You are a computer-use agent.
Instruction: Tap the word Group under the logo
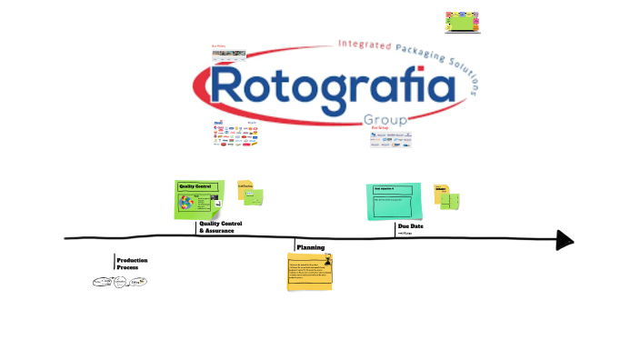(384, 120)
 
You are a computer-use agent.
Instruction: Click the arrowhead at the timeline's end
(565, 240)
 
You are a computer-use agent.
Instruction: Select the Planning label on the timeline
(311, 247)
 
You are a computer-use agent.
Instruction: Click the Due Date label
(411, 226)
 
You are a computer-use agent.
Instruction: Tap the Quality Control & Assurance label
(220, 227)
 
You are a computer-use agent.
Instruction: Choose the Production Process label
(132, 264)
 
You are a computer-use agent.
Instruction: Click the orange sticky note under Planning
(310, 272)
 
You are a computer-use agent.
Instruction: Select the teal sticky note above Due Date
(395, 201)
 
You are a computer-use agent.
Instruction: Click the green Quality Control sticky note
(199, 199)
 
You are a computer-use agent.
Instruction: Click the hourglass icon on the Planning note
(327, 261)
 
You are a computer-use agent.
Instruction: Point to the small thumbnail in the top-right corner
(462, 23)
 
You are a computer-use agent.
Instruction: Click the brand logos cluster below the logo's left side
(235, 135)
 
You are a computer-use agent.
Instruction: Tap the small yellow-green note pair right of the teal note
(447, 195)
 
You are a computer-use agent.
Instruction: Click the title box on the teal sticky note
(394, 190)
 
